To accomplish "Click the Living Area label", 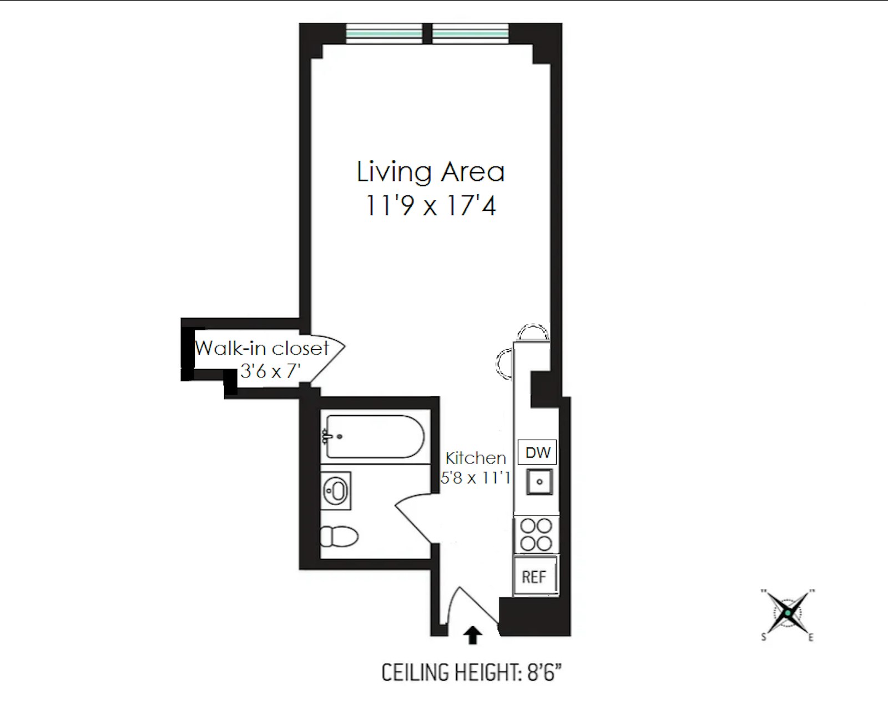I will (430, 172).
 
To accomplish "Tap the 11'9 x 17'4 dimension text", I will (430, 206).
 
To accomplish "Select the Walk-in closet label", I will (262, 348).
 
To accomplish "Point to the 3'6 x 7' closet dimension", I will (270, 370).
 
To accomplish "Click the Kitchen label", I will (476, 458).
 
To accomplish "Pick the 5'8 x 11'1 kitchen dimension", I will (475, 477).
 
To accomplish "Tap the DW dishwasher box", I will (537, 452).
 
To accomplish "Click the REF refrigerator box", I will (534, 577).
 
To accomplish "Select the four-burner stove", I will (536, 534).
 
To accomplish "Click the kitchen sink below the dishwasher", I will (539, 481).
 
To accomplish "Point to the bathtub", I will (375, 437).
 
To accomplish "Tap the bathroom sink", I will (336, 491).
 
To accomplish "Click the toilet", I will (339, 537).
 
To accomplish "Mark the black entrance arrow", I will (472, 635).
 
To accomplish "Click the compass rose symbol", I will (788, 613).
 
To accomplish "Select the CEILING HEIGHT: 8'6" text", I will (471, 673).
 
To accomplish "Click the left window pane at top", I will (384, 33).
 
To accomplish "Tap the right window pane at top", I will (470, 33).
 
